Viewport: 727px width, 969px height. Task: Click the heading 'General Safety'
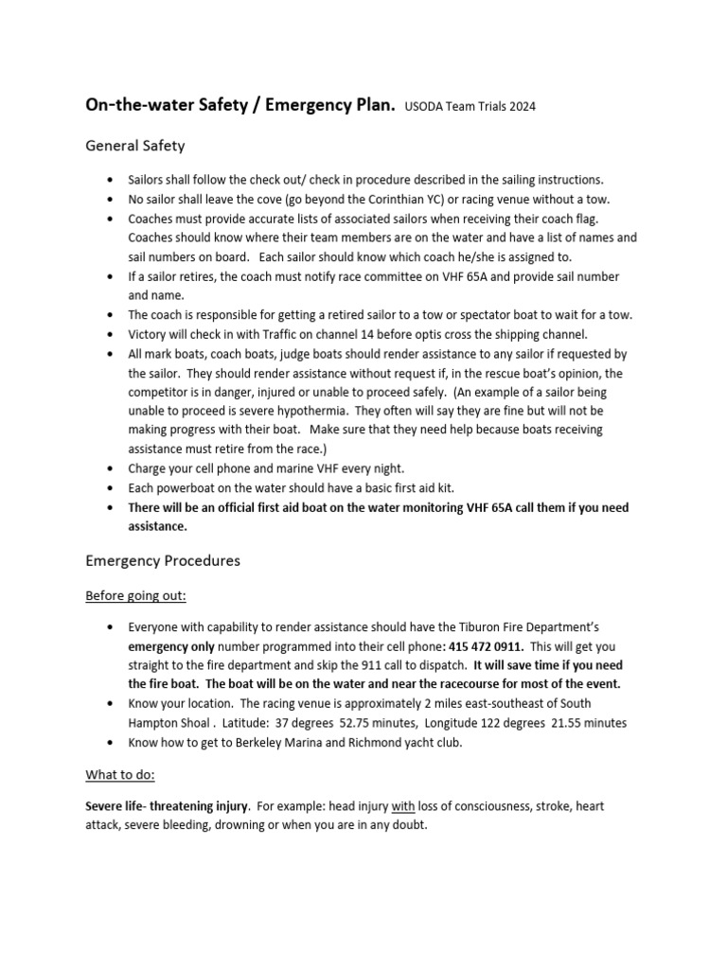click(x=135, y=146)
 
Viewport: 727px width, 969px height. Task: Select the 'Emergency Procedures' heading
click(x=163, y=560)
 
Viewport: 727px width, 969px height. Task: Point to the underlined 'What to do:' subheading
click(x=120, y=774)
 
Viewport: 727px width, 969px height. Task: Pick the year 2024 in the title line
click(x=520, y=107)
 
